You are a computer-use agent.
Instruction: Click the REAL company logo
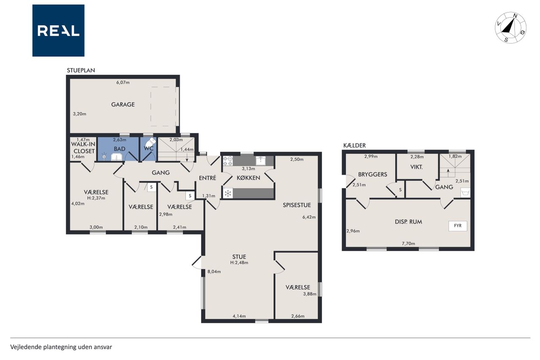pyautogui.click(x=58, y=30)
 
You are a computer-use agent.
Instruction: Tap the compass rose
pyautogui.click(x=510, y=28)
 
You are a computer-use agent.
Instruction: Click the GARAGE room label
pyautogui.click(x=123, y=104)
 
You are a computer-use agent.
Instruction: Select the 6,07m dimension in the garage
pyautogui.click(x=123, y=82)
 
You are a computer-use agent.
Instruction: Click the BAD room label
pyautogui.click(x=119, y=149)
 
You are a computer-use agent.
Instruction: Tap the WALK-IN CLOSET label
pyautogui.click(x=84, y=148)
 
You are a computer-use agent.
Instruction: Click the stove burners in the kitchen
pyautogui.click(x=228, y=161)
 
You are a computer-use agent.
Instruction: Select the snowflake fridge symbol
pyautogui.click(x=228, y=193)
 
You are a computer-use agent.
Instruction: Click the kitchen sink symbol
pyautogui.click(x=261, y=161)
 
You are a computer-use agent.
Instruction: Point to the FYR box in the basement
pyautogui.click(x=458, y=226)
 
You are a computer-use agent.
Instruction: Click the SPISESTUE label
pyautogui.click(x=297, y=205)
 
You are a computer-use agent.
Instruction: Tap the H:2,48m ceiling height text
pyautogui.click(x=239, y=263)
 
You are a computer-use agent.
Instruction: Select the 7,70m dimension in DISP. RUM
pyautogui.click(x=408, y=244)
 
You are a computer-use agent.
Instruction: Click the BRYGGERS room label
pyautogui.click(x=373, y=174)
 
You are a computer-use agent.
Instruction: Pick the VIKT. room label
pyautogui.click(x=416, y=167)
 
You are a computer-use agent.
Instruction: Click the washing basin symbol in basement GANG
pyautogui.click(x=465, y=192)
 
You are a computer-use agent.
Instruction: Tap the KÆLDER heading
pyautogui.click(x=355, y=146)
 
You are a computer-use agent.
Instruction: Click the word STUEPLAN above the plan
pyautogui.click(x=81, y=70)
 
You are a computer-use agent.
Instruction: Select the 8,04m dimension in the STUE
pyautogui.click(x=214, y=271)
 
